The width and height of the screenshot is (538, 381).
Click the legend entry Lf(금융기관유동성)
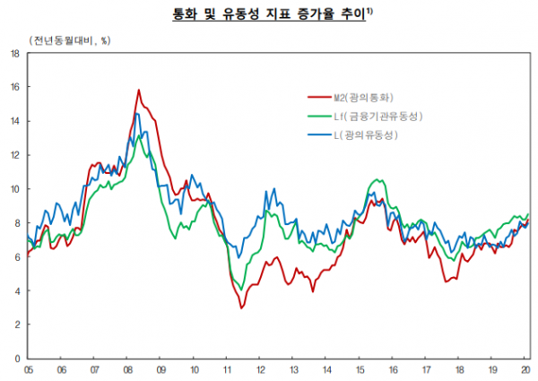tap(377, 117)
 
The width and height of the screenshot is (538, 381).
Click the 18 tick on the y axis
tap(15, 53)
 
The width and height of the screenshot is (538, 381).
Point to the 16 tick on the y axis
tap(15, 87)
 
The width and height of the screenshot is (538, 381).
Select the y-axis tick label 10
tap(15, 189)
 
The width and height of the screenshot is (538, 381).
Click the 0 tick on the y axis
tap(17, 359)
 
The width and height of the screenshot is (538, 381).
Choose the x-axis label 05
tap(29, 368)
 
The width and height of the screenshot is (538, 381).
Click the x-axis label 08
tap(128, 368)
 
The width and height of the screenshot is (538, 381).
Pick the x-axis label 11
tap(228, 368)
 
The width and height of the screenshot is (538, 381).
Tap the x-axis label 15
tap(360, 368)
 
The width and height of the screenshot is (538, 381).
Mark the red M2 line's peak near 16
tap(139, 90)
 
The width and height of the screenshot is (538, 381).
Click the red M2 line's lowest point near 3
tap(241, 308)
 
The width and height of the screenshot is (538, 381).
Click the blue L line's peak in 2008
tap(135, 114)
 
